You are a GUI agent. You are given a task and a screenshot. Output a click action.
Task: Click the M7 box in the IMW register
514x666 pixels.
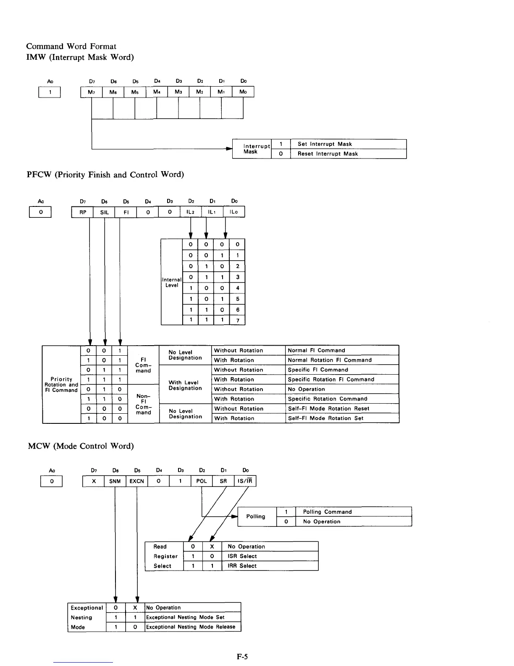tap(91, 92)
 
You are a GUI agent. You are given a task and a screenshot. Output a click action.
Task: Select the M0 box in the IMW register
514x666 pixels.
tap(243, 92)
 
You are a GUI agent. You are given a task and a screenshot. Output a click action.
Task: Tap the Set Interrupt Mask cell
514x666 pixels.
tap(348, 144)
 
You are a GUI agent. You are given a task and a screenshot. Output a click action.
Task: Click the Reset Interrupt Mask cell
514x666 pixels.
tap(348, 153)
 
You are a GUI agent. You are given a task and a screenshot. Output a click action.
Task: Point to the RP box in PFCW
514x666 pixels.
tap(83, 212)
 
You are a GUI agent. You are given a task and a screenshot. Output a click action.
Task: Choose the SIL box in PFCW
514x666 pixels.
tap(104, 212)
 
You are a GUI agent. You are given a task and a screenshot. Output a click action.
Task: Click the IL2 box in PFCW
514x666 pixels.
tap(191, 212)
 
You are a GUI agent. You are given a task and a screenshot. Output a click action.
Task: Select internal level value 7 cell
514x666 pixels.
tap(238, 320)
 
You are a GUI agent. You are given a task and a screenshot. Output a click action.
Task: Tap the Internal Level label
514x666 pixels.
tap(172, 282)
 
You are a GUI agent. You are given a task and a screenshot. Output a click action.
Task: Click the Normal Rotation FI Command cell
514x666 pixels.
tap(342, 360)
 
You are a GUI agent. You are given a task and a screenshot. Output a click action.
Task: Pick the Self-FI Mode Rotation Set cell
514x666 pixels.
tap(342, 418)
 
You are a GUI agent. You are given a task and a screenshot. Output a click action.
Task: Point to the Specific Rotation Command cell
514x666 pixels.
tap(342, 399)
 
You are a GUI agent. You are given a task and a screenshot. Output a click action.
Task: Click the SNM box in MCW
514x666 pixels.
tap(115, 481)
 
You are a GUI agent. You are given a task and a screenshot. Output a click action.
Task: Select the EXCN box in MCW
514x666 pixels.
tap(137, 481)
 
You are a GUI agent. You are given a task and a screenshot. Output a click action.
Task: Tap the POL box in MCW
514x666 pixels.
tap(202, 481)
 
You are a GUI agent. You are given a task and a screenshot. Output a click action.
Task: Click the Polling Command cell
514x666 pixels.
tap(353, 512)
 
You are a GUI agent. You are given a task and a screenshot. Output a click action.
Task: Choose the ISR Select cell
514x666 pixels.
tap(270, 556)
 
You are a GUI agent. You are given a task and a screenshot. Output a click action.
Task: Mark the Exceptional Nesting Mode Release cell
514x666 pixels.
tap(193, 627)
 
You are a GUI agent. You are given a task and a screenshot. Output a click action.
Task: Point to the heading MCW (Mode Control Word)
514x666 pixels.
tap(81, 446)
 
